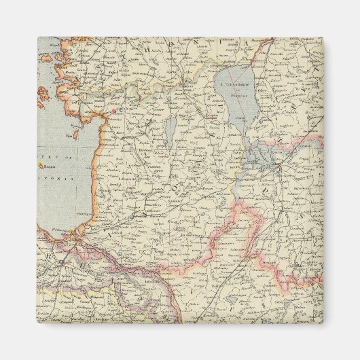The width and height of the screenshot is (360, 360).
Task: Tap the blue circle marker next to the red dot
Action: pos(120,109)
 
